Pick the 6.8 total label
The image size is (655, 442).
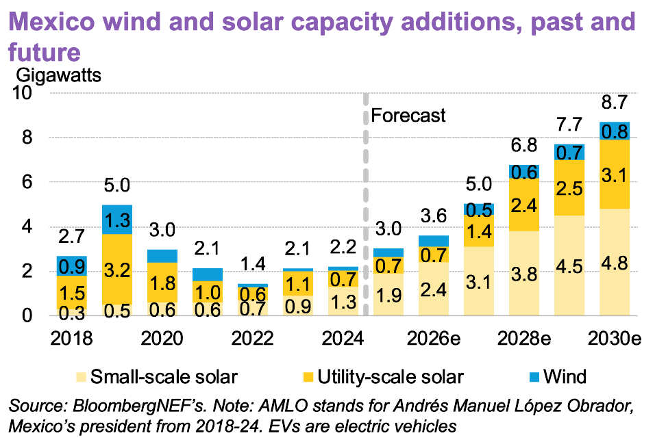tap(523, 147)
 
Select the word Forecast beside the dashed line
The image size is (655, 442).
tap(408, 116)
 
